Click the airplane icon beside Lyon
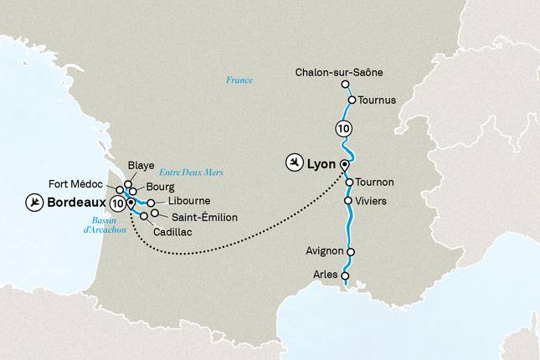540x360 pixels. [294, 162]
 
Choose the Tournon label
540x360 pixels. [375, 183]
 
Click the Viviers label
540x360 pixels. [371, 201]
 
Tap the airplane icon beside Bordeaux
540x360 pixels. [34, 203]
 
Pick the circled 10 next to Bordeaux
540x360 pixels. [116, 203]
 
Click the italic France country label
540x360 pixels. [239, 80]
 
